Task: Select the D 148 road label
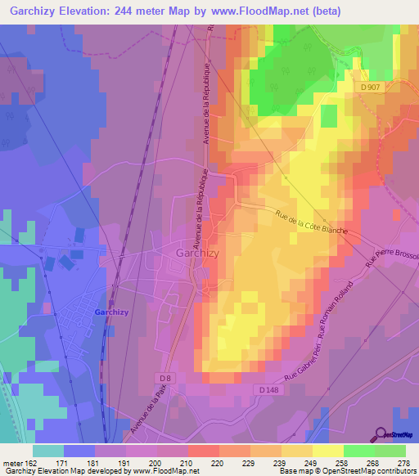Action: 269,391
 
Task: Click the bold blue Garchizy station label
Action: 110,312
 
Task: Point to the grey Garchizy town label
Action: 196,254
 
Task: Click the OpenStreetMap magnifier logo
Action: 381,433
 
